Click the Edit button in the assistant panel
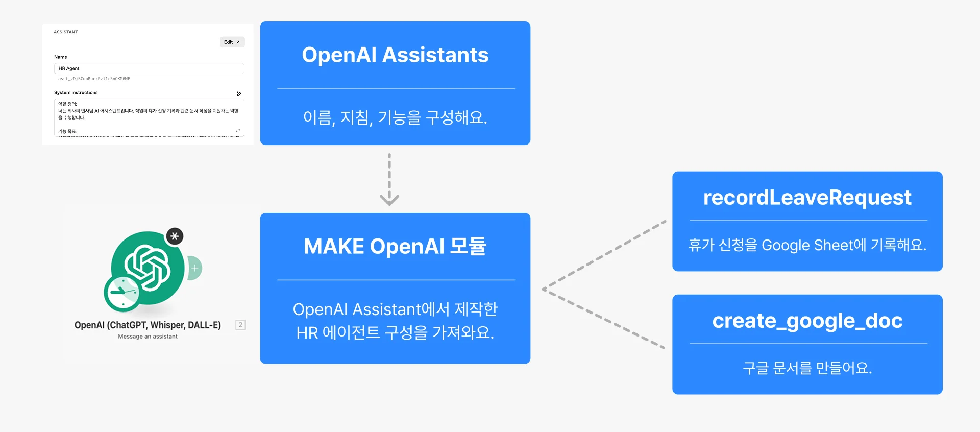click(x=232, y=42)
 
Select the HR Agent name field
click(x=149, y=68)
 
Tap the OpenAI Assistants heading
click(x=395, y=55)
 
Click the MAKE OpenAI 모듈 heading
click(x=395, y=247)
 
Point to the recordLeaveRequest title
click(x=807, y=198)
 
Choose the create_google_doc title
click(x=807, y=321)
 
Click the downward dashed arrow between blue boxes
click(x=389, y=179)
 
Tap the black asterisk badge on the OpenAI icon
click(x=175, y=236)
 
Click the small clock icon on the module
click(x=122, y=293)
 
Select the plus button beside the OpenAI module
click(x=195, y=268)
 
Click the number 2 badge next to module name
click(x=240, y=325)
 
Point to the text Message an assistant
click(x=148, y=337)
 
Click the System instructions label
click(x=76, y=93)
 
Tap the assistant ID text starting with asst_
click(x=94, y=79)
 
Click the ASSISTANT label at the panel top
click(x=66, y=32)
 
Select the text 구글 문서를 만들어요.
click(x=807, y=368)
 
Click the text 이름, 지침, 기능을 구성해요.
click(x=395, y=118)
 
